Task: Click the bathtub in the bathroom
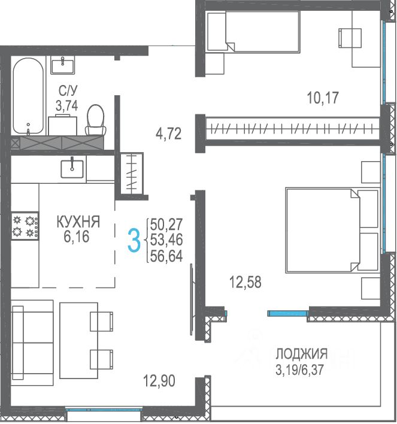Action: tap(28, 96)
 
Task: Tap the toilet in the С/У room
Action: tap(95, 120)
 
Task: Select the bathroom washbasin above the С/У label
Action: tap(62, 66)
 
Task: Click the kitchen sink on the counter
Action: tap(72, 169)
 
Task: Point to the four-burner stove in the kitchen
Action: tap(25, 226)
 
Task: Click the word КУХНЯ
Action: tap(78, 222)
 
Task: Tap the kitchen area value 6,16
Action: tap(77, 237)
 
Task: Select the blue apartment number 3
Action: tap(134, 240)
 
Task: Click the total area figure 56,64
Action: tap(166, 256)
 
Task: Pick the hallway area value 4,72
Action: tap(168, 134)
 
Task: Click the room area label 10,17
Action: tap(323, 98)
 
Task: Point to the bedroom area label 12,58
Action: tap(246, 282)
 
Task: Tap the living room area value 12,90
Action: tap(159, 381)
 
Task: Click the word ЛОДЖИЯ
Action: tap(302, 354)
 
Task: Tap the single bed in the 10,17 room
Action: tap(253, 31)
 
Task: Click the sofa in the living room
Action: tap(32, 343)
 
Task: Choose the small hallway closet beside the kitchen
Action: tap(132, 173)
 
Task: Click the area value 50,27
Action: tap(166, 224)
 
